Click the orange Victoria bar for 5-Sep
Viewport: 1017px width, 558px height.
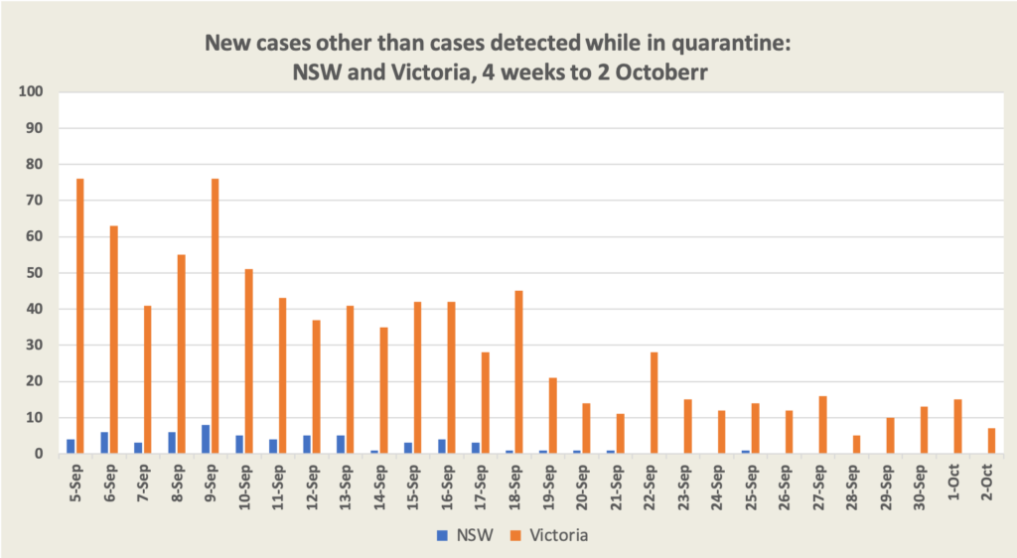(80, 316)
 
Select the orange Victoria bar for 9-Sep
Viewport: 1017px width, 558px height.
(215, 316)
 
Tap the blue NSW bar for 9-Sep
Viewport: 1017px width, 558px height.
(205, 439)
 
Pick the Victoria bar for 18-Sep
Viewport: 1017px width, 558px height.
(518, 372)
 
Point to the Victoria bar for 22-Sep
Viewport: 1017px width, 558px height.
(654, 403)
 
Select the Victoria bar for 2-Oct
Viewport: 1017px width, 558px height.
(991, 441)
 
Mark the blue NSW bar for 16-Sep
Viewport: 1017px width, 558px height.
(441, 446)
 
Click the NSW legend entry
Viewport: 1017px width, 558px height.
(461, 535)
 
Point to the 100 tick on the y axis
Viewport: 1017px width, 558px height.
(32, 92)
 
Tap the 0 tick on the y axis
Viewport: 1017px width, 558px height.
(40, 454)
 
